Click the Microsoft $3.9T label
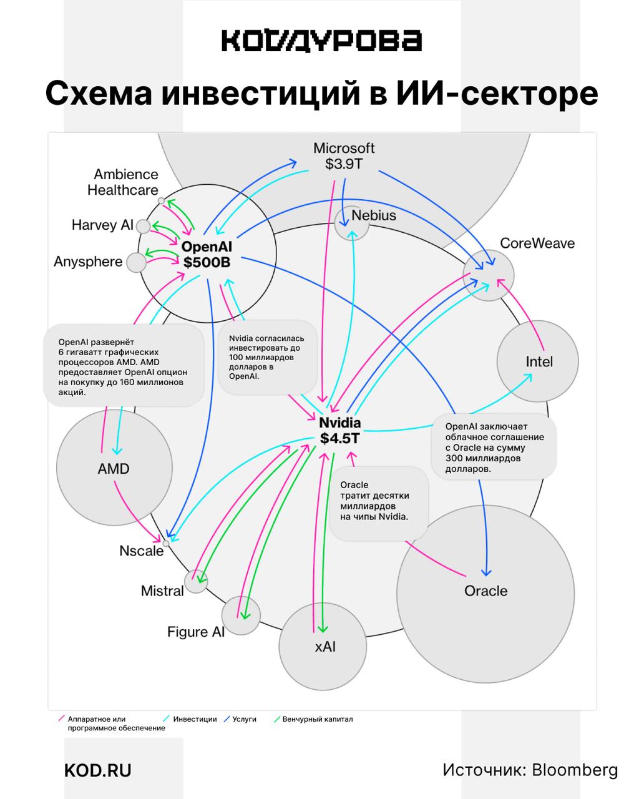tap(344, 156)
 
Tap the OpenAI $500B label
tap(207, 255)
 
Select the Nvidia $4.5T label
tap(340, 431)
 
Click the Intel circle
tap(538, 361)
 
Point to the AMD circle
tap(114, 468)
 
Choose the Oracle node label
tap(485, 591)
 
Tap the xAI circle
tap(325, 647)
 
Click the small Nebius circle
tap(351, 223)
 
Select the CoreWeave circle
tap(489, 275)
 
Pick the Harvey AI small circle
tap(144, 226)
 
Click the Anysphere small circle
tap(136, 263)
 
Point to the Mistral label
tap(162, 591)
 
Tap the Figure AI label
tap(195, 632)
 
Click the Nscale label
tap(142, 551)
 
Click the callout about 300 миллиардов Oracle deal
tap(493, 447)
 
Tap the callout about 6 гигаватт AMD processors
tap(123, 367)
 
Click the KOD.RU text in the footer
tap(98, 770)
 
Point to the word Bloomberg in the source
tap(575, 770)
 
